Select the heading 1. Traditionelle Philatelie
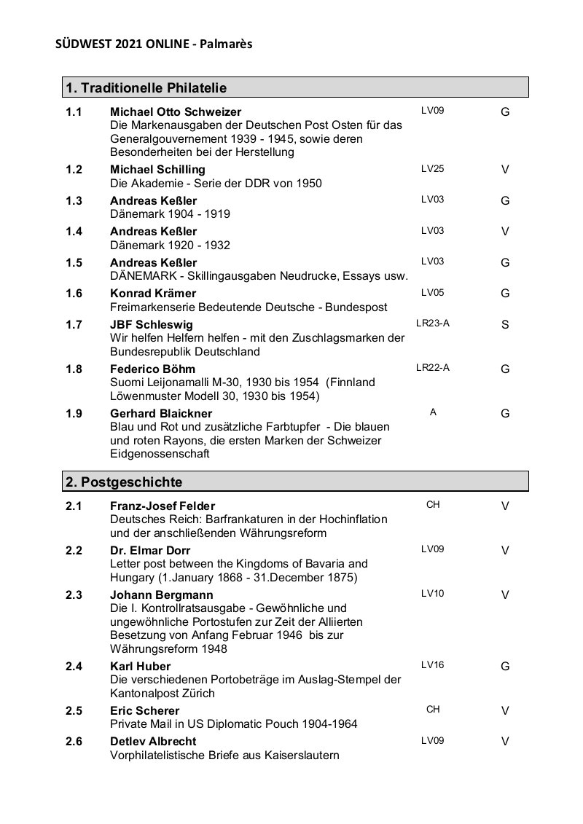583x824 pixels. point(146,88)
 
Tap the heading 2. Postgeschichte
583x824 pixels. point(124,482)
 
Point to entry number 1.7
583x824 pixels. point(74,324)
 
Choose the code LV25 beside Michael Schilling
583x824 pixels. point(432,169)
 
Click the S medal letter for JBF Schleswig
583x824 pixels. point(505,325)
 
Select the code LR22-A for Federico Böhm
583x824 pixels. point(432,368)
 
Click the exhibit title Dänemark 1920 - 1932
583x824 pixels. point(170,245)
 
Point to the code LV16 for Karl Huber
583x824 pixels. point(432,665)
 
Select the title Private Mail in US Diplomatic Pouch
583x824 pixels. point(233,723)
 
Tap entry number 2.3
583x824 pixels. point(74,595)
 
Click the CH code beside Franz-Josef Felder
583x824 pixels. point(433,504)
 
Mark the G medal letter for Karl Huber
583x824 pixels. point(505,667)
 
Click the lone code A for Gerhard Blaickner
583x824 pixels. point(433,412)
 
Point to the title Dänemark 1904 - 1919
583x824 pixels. point(170,214)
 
